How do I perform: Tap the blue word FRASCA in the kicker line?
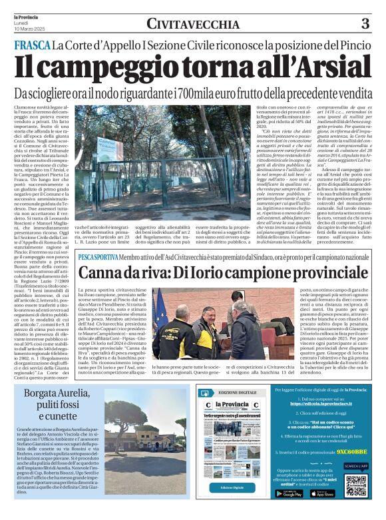pyautogui.click(x=33, y=46)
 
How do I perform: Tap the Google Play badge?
pyautogui.click(x=288, y=493)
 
